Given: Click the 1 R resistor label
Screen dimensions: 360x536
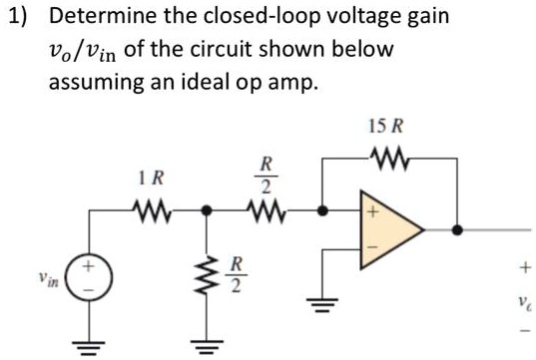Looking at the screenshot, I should (153, 179).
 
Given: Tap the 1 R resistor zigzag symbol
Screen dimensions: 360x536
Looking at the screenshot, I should (153, 210).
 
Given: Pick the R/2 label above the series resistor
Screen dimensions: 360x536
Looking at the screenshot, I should (266, 174).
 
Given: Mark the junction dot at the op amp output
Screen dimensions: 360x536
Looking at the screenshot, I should (458, 230).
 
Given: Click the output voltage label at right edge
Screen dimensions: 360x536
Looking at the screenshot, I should (520, 298).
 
